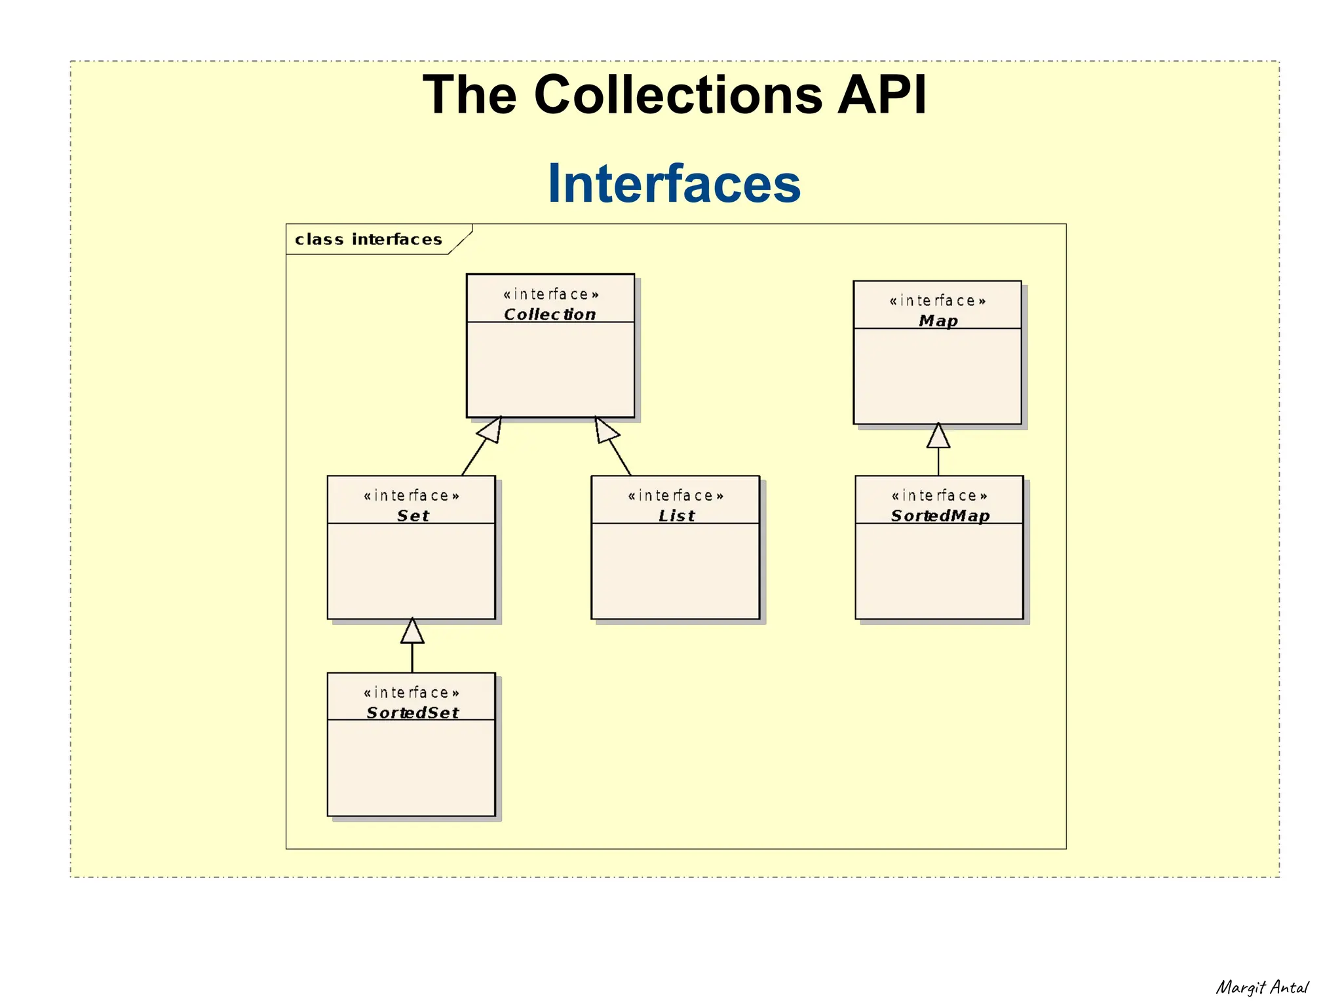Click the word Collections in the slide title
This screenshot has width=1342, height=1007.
pos(678,95)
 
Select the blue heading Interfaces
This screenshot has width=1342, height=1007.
pos(674,184)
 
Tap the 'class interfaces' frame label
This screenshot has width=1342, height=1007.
pos(368,240)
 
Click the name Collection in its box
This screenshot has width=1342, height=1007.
pos(550,314)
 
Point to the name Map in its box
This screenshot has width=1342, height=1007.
pos(938,321)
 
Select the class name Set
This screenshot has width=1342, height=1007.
pos(413,516)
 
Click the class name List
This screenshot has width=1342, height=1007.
pos(676,516)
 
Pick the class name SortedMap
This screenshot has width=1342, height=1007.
pos(940,516)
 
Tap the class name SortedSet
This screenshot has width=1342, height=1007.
pos(413,713)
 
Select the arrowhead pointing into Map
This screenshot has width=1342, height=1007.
pos(938,436)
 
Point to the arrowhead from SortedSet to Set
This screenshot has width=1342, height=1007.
pos(412,632)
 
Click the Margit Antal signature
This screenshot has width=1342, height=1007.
pos(1261,987)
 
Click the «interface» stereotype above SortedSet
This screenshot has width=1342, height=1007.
pos(412,693)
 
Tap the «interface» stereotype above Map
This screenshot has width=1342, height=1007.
pos(937,301)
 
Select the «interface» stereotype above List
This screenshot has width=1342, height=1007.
pos(676,496)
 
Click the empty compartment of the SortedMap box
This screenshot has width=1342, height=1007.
pos(939,570)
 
